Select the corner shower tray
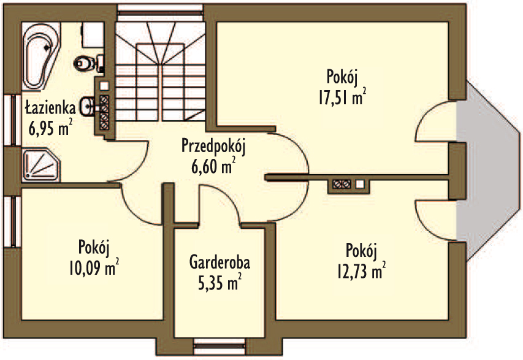pyautogui.click(x=40, y=166)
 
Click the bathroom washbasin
pyautogui.click(x=88, y=107)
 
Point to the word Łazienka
pyautogui.click(x=50, y=108)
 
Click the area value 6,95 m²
pyautogui.click(x=50, y=128)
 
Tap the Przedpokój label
pyautogui.click(x=213, y=147)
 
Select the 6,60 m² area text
pyautogui.click(x=213, y=166)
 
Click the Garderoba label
pyautogui.click(x=220, y=262)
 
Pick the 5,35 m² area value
pyautogui.click(x=220, y=282)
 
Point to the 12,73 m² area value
pyautogui.click(x=362, y=271)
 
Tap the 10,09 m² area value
pyautogui.click(x=94, y=267)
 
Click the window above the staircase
pyautogui.click(x=160, y=9)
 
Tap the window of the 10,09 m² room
pyautogui.click(x=12, y=221)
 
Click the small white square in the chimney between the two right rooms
pyautogui.click(x=360, y=183)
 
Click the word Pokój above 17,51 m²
pyautogui.click(x=342, y=77)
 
